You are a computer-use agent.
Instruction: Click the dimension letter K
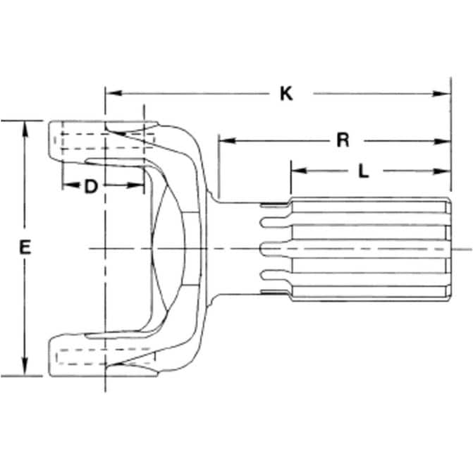click(286, 94)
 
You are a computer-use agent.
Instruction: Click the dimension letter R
click(343, 140)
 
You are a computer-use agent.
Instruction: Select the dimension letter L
click(364, 171)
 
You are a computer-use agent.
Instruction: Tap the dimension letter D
click(91, 186)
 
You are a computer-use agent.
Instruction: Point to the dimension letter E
click(25, 247)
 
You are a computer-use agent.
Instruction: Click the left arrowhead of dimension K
click(113, 92)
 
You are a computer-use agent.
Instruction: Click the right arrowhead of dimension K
click(441, 94)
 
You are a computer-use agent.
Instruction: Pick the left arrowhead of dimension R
click(227, 140)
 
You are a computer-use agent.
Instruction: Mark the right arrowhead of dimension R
click(442, 141)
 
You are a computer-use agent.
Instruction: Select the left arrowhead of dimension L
click(300, 171)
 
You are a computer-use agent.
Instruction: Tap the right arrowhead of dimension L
click(442, 171)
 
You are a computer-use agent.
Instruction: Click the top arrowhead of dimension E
click(25, 129)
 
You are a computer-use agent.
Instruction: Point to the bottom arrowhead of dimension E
click(25, 367)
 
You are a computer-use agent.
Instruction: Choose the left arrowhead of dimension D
click(70, 185)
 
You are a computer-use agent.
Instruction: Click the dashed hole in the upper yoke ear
click(104, 141)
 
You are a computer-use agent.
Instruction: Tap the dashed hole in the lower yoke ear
click(105, 357)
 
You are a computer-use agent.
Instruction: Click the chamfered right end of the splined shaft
click(448, 249)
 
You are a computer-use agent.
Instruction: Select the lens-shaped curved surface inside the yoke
click(168, 249)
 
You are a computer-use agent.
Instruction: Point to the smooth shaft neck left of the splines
click(238, 248)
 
